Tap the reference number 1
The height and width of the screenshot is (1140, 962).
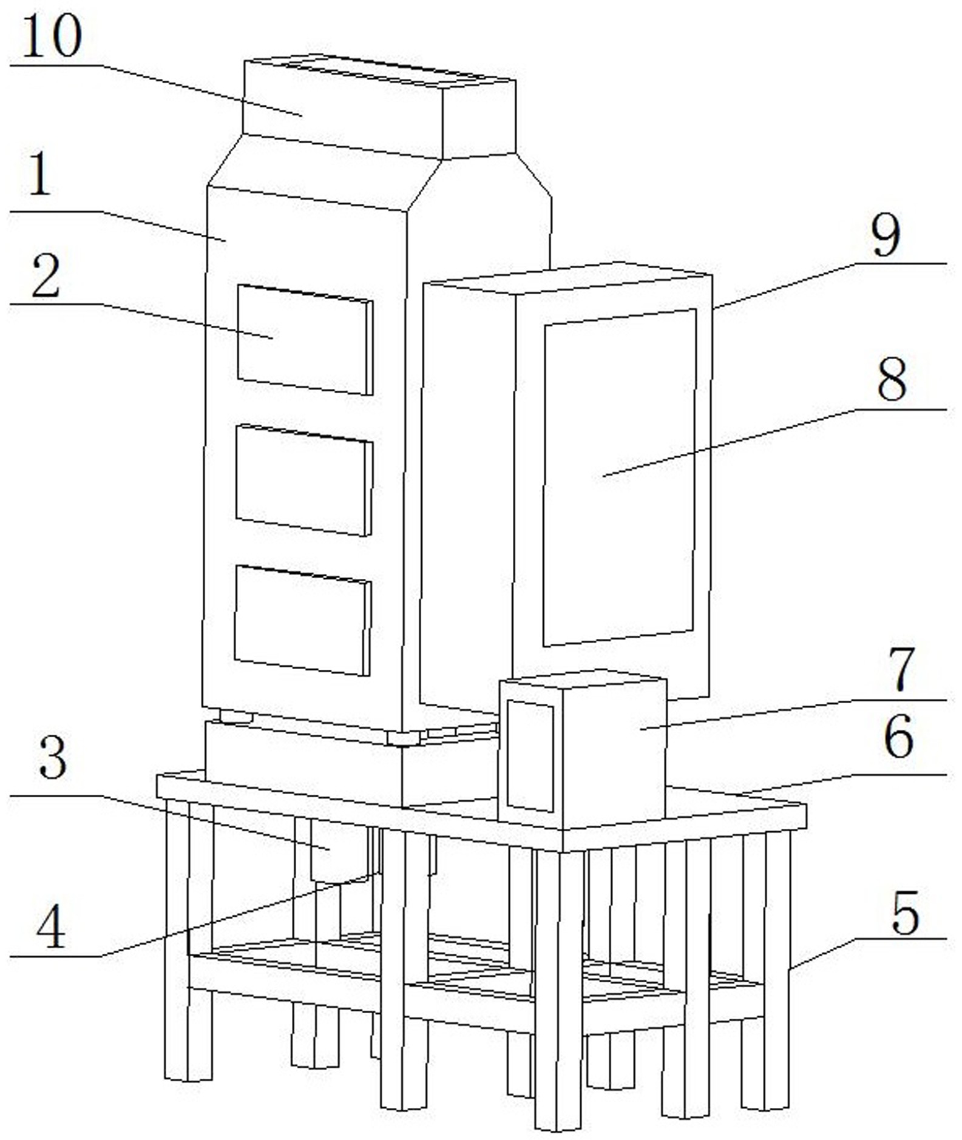40,174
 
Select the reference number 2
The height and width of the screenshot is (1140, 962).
46,277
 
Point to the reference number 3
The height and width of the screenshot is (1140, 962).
53,759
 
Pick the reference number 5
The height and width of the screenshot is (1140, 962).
898,737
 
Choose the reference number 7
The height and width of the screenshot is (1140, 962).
892,379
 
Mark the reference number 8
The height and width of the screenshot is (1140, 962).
886,236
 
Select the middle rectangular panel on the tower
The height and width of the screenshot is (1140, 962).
304,480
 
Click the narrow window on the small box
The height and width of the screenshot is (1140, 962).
530,756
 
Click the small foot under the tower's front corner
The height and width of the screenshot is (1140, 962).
403,738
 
